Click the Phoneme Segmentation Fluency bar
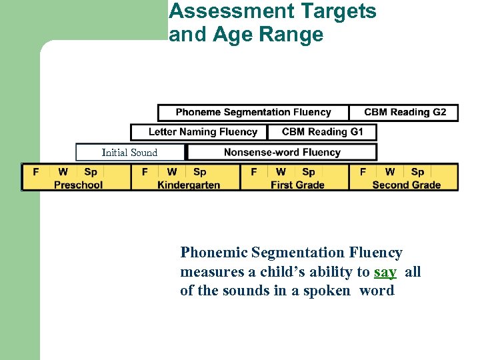click(x=253, y=112)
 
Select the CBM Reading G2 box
click(x=405, y=112)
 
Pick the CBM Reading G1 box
click(x=322, y=132)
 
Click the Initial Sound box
click(x=129, y=153)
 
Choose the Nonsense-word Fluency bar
click(x=282, y=152)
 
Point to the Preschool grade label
click(x=78, y=185)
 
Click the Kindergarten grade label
click(x=189, y=185)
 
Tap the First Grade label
click(x=297, y=185)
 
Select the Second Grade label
click(x=406, y=185)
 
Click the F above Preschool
click(x=36, y=172)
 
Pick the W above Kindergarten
click(x=172, y=172)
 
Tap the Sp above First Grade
click(x=309, y=172)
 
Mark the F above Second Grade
click(x=363, y=172)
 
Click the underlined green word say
click(x=385, y=272)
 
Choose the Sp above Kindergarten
click(x=199, y=172)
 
